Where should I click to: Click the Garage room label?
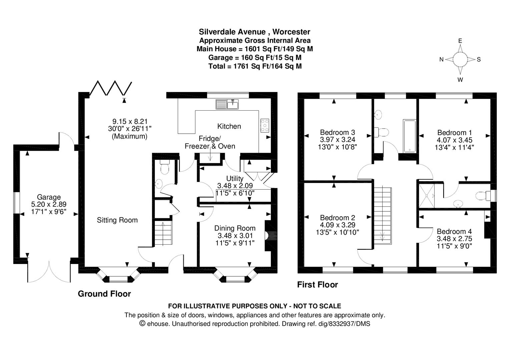(49, 197)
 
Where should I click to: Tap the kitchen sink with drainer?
(227, 104)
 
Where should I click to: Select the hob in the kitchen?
(265, 125)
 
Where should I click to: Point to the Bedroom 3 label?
(338, 132)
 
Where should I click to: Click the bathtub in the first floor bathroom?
(410, 136)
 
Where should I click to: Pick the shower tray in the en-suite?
(427, 196)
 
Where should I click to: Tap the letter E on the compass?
(460, 41)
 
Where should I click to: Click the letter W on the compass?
(460, 80)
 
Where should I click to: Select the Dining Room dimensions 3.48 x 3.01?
(235, 236)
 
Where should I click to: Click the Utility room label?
(235, 178)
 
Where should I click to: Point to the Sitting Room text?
(117, 220)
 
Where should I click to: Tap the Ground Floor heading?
(104, 294)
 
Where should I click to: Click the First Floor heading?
(318, 284)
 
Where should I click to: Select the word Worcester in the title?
(291, 32)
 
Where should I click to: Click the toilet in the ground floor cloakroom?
(164, 167)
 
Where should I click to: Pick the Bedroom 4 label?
(454, 231)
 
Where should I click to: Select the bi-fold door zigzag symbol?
(111, 88)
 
